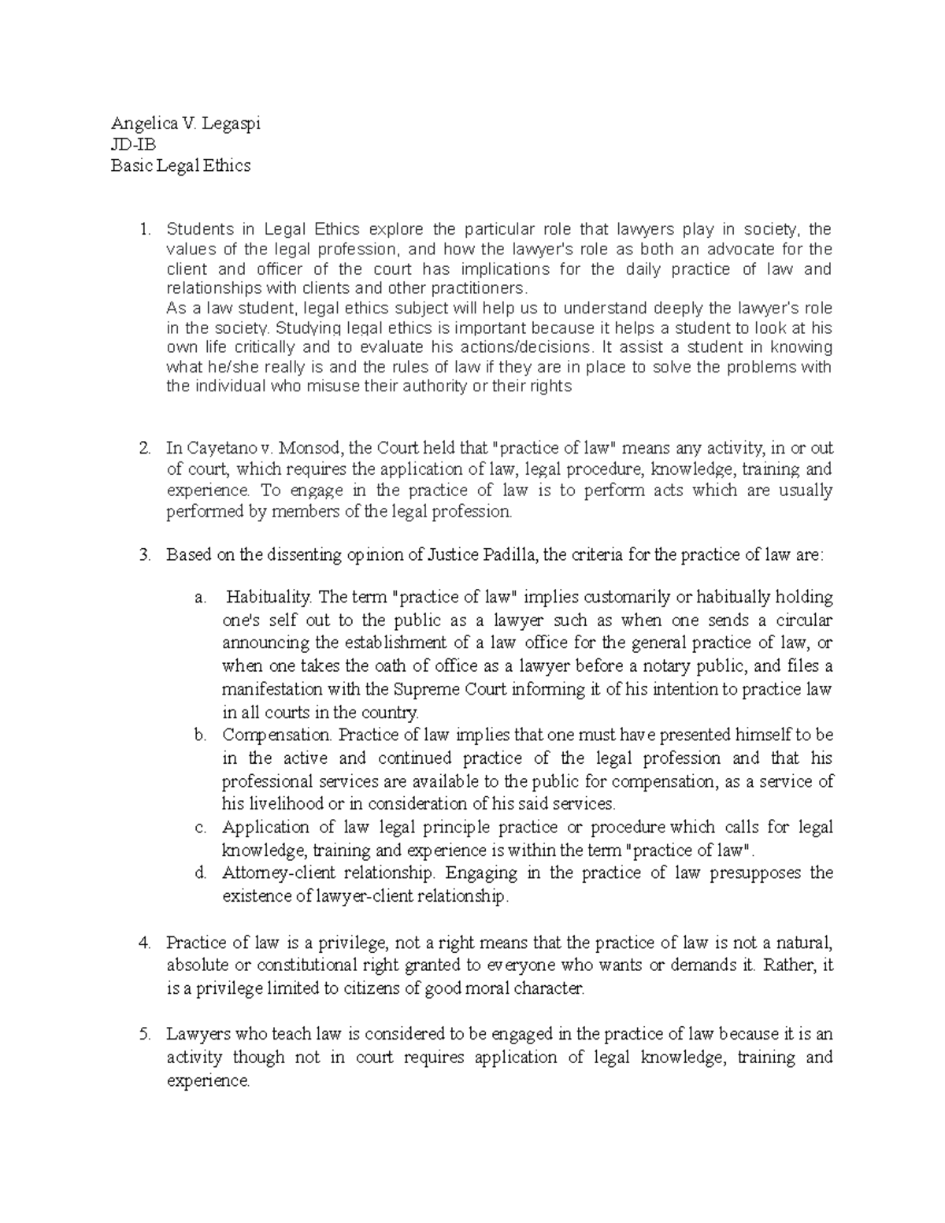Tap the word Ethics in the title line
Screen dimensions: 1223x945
point(227,166)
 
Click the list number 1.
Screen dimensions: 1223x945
point(143,230)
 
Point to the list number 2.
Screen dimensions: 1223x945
point(143,449)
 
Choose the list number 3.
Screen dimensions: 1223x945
point(143,555)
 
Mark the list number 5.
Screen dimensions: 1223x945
point(143,1035)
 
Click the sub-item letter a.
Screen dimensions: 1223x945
point(200,598)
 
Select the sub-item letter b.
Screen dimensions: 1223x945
point(200,736)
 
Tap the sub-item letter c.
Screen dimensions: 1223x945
point(200,828)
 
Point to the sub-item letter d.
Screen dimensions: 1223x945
point(200,873)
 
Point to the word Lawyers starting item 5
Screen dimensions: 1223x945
point(194,1035)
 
